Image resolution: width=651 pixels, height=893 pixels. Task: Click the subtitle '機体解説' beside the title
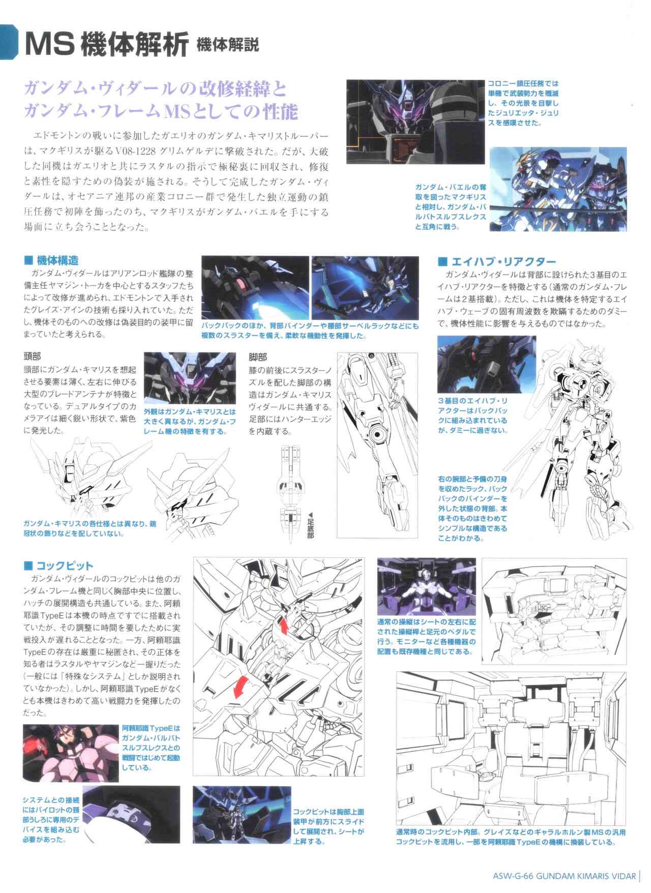coord(227,45)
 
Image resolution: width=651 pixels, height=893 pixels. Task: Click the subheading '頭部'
coord(33,357)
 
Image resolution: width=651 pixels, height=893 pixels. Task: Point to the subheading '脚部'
coord(258,357)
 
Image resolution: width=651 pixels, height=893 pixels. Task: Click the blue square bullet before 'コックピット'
coord(28,565)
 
